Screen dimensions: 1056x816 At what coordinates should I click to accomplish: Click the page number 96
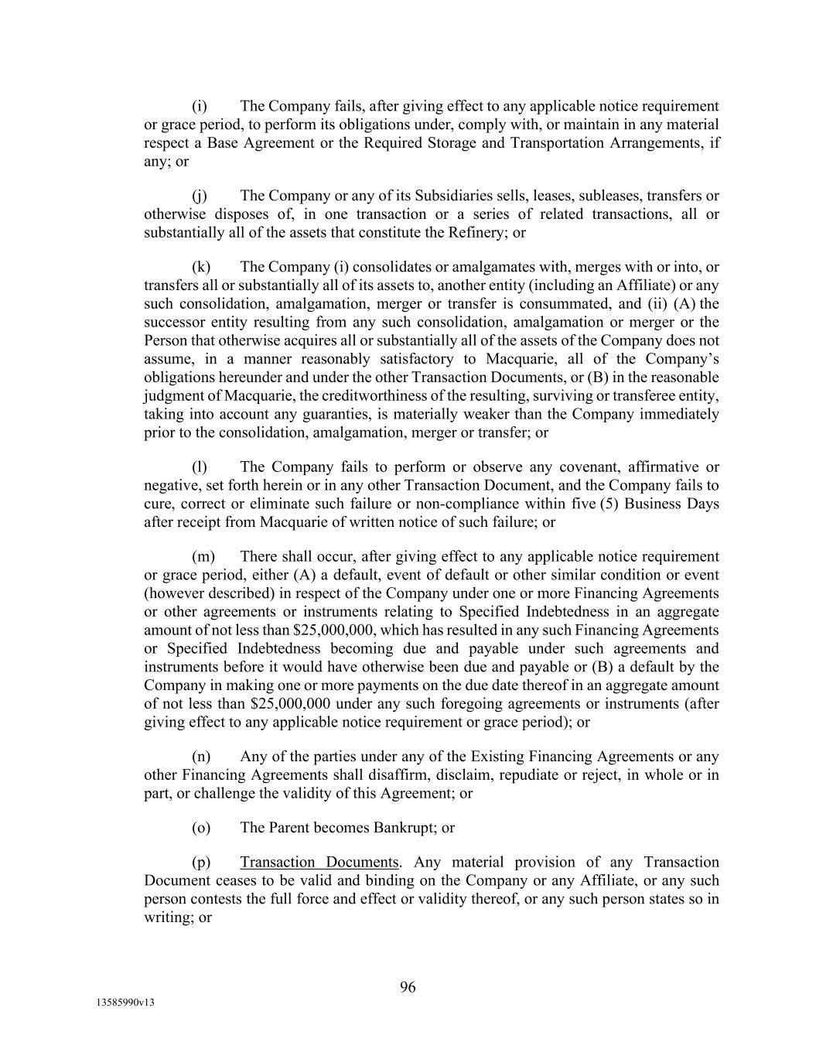click(x=408, y=986)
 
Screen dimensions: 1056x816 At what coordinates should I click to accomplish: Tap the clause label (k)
click(x=201, y=267)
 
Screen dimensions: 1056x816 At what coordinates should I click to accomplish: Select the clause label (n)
click(x=201, y=756)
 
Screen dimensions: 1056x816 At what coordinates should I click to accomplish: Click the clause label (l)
click(x=200, y=466)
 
